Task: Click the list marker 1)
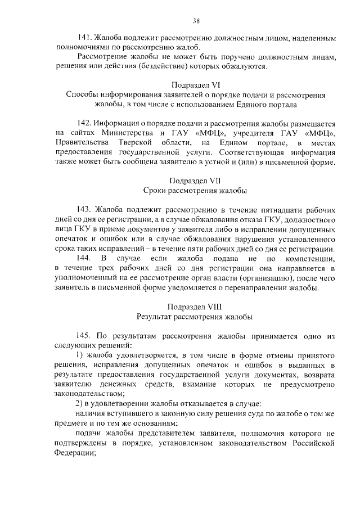(79, 355)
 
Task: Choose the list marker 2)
(79, 404)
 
